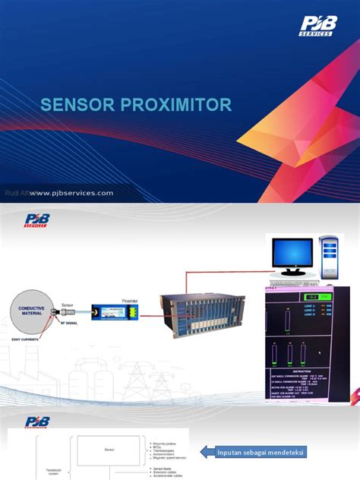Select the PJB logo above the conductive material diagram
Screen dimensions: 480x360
[x=35, y=221]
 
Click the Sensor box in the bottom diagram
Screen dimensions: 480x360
[x=109, y=450]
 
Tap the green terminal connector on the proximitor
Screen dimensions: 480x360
[x=131, y=311]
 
